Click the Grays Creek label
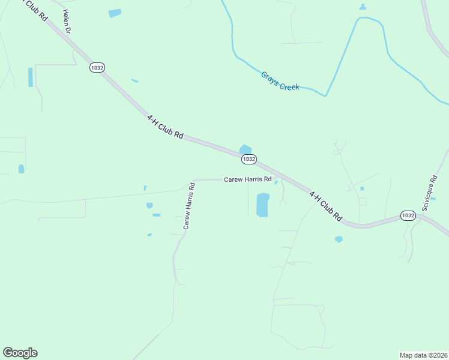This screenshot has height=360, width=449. coord(280,81)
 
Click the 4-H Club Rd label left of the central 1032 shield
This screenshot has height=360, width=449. coord(165,127)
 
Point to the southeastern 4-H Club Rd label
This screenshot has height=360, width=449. coord(325,206)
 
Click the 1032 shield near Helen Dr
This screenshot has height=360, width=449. coord(97,68)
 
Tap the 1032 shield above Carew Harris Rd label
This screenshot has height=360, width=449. coord(249,159)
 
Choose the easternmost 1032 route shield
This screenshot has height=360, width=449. coord(408,215)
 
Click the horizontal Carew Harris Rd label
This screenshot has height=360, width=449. coord(248,179)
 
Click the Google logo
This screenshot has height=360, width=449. coord(20,353)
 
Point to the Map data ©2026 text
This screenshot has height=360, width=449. coord(423,355)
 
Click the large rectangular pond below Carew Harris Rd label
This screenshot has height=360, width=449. coord(262,205)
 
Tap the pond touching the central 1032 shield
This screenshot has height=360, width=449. coord(246,149)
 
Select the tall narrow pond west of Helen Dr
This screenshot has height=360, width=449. coord(31,77)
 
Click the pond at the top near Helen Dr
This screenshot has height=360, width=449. coord(115,13)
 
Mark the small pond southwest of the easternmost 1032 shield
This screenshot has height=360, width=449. coord(339,239)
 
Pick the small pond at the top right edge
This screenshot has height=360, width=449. coord(362,7)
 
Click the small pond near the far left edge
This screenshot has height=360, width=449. coord(21,169)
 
